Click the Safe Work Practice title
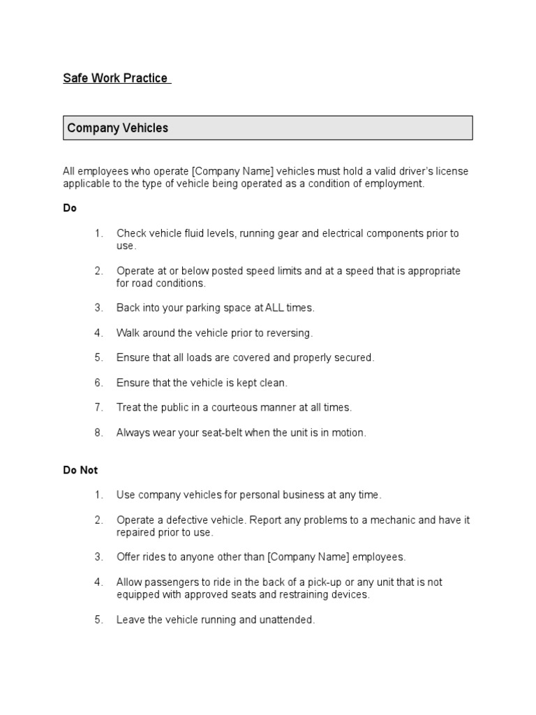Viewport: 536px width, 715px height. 116,78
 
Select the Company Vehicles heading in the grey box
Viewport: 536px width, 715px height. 117,128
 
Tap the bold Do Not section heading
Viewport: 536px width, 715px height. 80,470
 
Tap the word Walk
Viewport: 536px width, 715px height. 128,332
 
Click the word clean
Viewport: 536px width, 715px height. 272,383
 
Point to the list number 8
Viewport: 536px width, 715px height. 98,432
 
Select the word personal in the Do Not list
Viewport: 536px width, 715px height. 244,495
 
